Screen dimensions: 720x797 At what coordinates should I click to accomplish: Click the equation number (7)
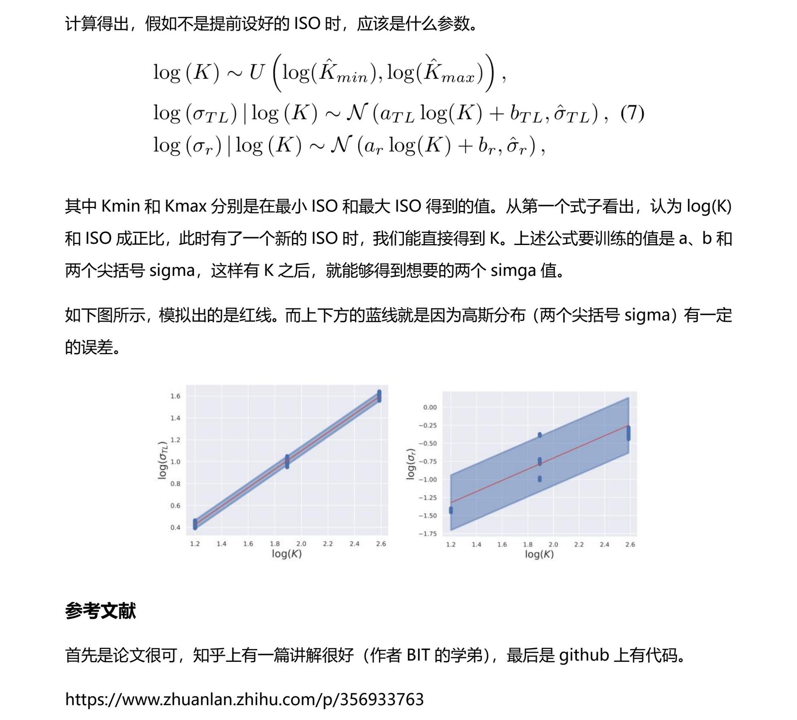pyautogui.click(x=632, y=113)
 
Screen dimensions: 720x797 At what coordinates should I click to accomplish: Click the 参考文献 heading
pyautogui.click(x=100, y=611)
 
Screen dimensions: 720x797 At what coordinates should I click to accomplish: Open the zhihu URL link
pyautogui.click(x=244, y=699)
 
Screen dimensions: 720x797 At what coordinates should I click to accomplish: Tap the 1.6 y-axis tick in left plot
pyautogui.click(x=175, y=396)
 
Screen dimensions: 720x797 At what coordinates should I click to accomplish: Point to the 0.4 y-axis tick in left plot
pyautogui.click(x=175, y=527)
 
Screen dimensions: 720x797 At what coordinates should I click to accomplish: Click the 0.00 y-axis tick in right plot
pyautogui.click(x=430, y=407)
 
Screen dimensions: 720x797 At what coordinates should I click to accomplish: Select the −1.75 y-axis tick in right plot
pyautogui.click(x=428, y=534)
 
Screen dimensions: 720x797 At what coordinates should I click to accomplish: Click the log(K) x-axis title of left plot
pyautogui.click(x=286, y=553)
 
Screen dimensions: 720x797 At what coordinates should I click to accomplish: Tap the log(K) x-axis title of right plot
pyautogui.click(x=539, y=554)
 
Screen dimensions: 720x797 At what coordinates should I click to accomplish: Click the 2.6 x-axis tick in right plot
pyautogui.click(x=630, y=544)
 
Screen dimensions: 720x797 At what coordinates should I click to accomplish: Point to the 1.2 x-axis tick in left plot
pyautogui.click(x=195, y=544)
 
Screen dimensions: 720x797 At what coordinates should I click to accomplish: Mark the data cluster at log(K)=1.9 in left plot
pyautogui.click(x=287, y=461)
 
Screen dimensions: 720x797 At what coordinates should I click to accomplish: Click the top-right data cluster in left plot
pyautogui.click(x=379, y=396)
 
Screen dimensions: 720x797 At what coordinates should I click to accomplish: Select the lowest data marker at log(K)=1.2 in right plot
pyautogui.click(x=451, y=510)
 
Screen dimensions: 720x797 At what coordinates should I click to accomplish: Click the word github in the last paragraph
pyautogui.click(x=584, y=655)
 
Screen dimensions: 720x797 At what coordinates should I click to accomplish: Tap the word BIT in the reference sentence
pyautogui.click(x=418, y=655)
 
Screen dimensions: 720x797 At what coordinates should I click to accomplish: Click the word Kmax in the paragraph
pyautogui.click(x=186, y=206)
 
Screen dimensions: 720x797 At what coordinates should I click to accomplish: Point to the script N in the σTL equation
pyautogui.click(x=357, y=113)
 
